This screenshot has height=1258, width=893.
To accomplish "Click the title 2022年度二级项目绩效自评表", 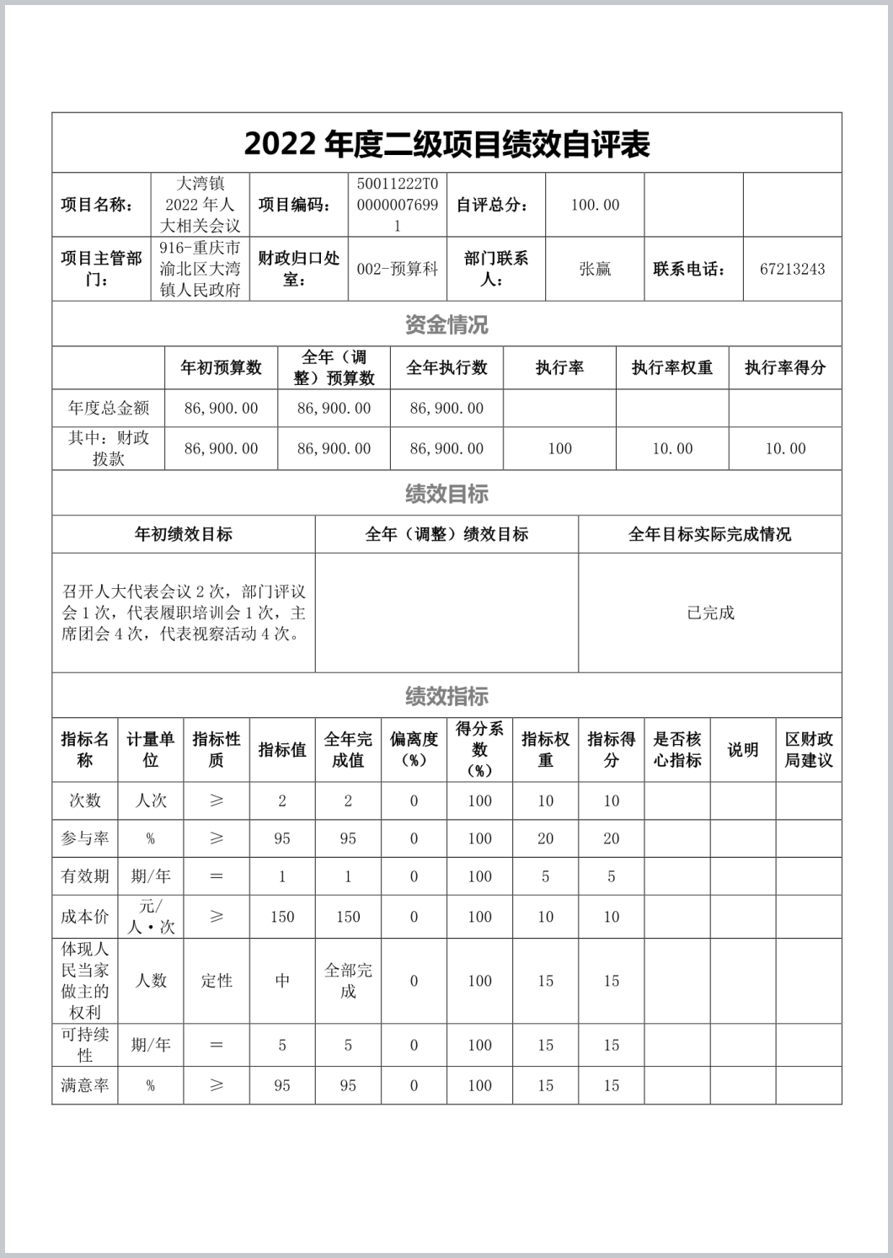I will pyautogui.click(x=446, y=144).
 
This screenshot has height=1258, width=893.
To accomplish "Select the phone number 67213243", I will pyautogui.click(x=792, y=270).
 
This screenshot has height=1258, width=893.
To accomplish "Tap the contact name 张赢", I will pyautogui.click(x=595, y=270).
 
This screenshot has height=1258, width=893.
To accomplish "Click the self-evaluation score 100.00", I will pyautogui.click(x=595, y=206).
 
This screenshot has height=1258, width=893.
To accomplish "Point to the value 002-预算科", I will pyautogui.click(x=398, y=270).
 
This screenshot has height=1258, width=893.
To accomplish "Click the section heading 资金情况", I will pyautogui.click(x=446, y=324).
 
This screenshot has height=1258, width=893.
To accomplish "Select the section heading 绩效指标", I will pyautogui.click(x=446, y=696).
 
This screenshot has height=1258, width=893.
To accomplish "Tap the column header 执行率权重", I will pyautogui.click(x=672, y=367).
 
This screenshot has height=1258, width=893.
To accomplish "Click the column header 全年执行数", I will pyautogui.click(x=446, y=367).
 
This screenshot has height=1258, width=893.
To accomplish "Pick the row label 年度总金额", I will pyautogui.click(x=109, y=409).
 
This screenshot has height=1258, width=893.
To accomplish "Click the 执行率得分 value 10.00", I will pyautogui.click(x=785, y=449).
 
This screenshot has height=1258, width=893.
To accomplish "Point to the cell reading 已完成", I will pyautogui.click(x=710, y=613).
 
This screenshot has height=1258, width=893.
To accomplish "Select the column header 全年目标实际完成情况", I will pyautogui.click(x=710, y=534).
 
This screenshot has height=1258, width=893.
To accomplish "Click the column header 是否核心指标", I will pyautogui.click(x=677, y=749).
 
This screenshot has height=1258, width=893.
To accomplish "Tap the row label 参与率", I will pyautogui.click(x=85, y=838).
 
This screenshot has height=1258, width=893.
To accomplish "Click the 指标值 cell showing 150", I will pyautogui.click(x=282, y=917).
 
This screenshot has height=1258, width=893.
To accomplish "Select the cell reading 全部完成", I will pyautogui.click(x=348, y=981).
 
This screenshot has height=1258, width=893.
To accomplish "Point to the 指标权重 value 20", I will pyautogui.click(x=546, y=838).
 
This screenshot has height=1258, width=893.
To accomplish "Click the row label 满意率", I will pyautogui.click(x=85, y=1085).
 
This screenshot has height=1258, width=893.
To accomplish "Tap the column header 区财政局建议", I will pyautogui.click(x=809, y=749).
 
